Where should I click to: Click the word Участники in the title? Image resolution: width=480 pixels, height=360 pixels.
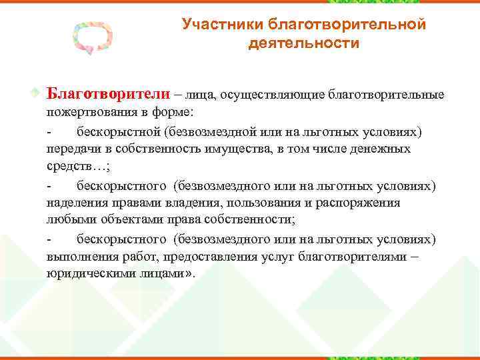[223, 25]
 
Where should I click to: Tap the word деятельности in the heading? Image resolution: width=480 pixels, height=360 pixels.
[303, 43]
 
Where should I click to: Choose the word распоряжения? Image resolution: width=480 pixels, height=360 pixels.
[361, 203]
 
